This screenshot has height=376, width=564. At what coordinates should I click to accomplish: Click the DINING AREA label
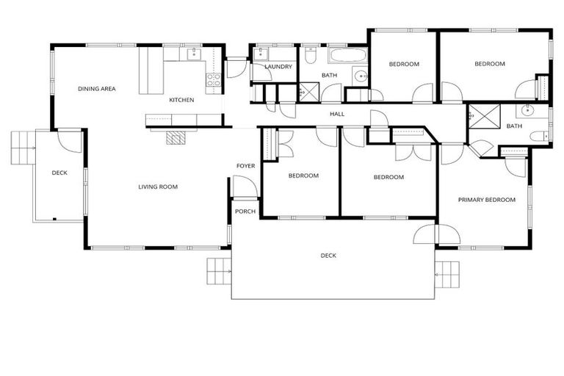click(97, 89)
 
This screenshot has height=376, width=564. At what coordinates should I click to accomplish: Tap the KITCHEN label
click(181, 100)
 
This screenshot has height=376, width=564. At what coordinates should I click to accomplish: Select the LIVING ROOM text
click(158, 187)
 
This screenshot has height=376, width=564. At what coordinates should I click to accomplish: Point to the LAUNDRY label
click(278, 67)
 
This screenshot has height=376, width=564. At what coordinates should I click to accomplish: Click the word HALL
click(337, 114)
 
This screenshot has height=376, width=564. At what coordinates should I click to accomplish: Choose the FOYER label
click(245, 166)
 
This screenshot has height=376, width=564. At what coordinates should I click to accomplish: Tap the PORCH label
click(245, 211)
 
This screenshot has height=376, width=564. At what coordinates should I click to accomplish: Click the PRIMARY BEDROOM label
click(487, 200)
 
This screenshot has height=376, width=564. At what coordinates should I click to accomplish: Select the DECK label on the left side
click(59, 173)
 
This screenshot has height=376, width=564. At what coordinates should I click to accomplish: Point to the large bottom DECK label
click(328, 256)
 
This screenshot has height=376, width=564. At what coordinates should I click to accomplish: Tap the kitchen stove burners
click(214, 79)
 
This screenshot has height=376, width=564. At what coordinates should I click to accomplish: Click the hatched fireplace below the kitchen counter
click(176, 137)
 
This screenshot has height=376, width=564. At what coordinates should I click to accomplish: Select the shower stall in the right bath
click(482, 117)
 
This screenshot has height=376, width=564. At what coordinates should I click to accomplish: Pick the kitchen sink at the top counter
click(192, 53)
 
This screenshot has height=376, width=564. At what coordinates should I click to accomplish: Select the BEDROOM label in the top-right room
click(490, 64)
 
